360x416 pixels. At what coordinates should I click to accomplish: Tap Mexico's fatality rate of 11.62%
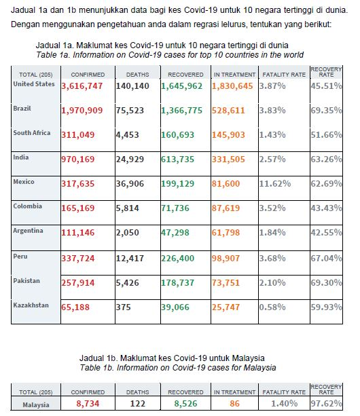pyautogui.click(x=278, y=184)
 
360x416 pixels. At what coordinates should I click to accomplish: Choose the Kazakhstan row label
pyautogui.click(x=31, y=305)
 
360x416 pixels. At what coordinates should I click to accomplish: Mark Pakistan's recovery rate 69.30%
pyautogui.click(x=325, y=282)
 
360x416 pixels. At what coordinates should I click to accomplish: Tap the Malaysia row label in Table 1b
pyautogui.click(x=37, y=404)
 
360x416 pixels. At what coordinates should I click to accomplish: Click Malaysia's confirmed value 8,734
pyautogui.click(x=87, y=403)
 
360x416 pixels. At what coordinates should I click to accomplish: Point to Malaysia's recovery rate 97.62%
pyautogui.click(x=325, y=403)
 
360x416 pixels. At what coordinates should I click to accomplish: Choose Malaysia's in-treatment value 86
pyautogui.click(x=234, y=403)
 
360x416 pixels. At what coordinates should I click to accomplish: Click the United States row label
pyautogui.click(x=33, y=83)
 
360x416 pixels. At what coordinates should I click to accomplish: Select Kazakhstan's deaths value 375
pyautogui.click(x=124, y=307)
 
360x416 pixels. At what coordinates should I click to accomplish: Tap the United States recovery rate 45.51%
pyautogui.click(x=325, y=87)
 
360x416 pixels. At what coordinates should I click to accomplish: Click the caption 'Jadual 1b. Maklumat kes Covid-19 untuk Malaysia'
pyautogui.click(x=179, y=358)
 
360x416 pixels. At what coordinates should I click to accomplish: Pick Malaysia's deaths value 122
pyautogui.click(x=137, y=403)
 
